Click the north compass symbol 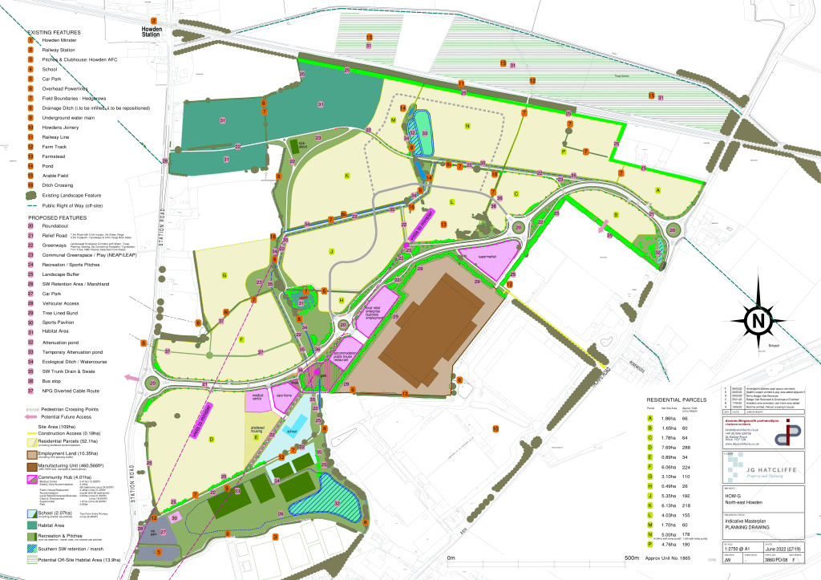tap(757, 321)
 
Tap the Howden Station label tap(152, 33)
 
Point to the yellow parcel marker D tap(212, 439)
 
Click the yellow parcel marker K tap(347, 175)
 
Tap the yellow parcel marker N tap(466, 126)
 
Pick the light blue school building tap(293, 430)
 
